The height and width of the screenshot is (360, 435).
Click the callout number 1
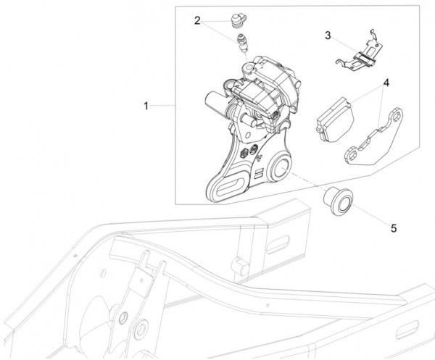pos(146,106)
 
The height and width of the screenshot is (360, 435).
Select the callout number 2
pos(197,21)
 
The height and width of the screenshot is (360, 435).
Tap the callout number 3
pos(328,35)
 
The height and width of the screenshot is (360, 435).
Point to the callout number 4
pos(386,83)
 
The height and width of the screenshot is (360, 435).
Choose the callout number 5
pos(394,229)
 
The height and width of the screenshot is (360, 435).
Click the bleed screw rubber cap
pos(239,21)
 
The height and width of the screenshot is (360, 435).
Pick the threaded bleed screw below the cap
pos(243,43)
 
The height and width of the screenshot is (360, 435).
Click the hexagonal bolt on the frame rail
pos(241,266)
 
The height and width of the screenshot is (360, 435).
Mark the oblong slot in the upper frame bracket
pos(278,244)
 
